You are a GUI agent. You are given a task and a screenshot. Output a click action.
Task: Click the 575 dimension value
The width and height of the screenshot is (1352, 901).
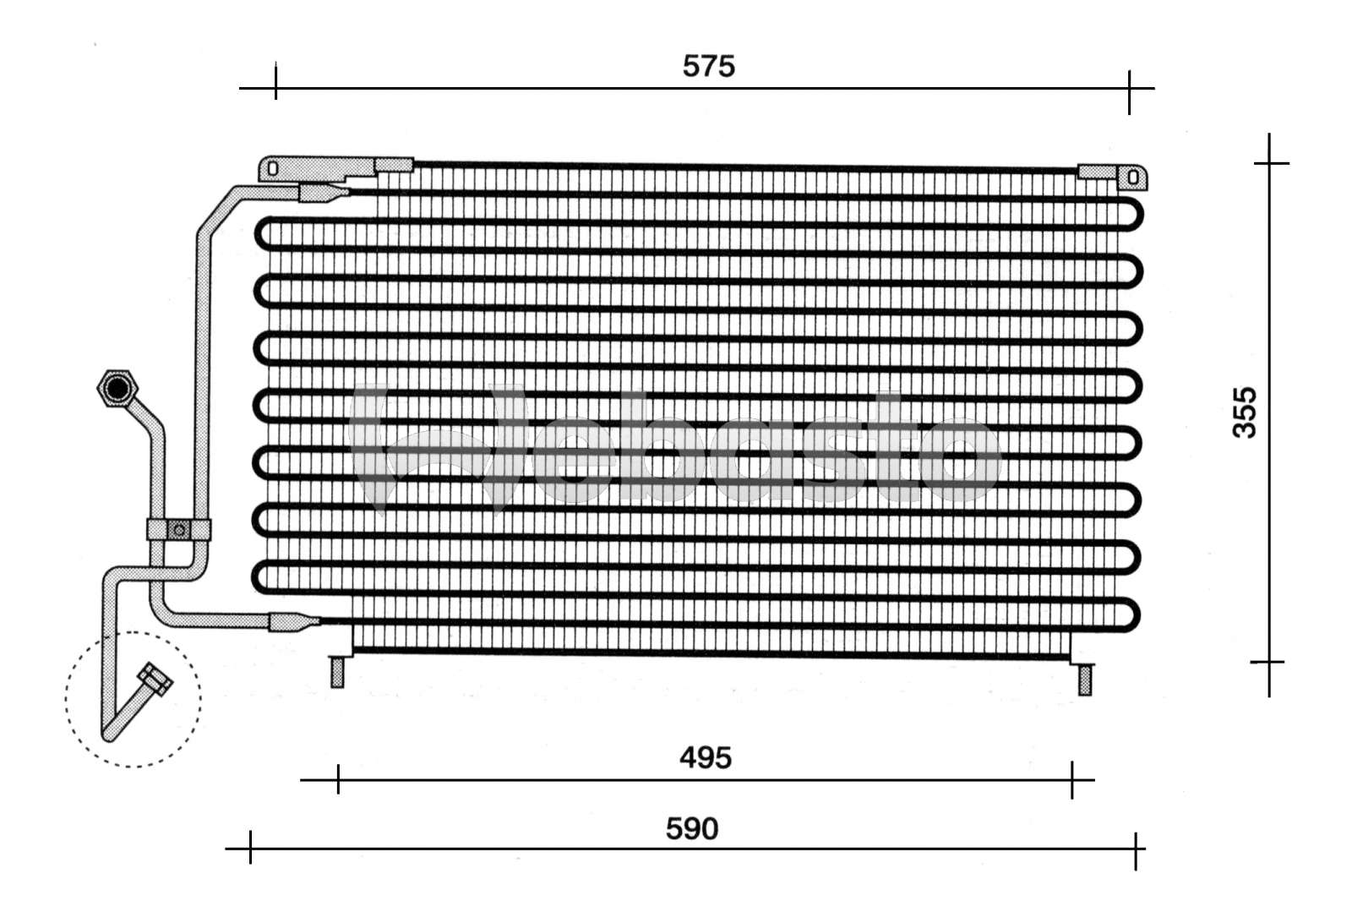709,66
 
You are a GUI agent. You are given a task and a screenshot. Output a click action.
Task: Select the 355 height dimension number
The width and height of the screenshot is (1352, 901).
1245,412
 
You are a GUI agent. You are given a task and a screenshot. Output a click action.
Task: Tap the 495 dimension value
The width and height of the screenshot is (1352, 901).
706,758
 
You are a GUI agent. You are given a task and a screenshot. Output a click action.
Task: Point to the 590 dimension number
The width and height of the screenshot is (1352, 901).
692,829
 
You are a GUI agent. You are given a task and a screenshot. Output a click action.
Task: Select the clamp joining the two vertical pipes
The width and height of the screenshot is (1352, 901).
178,530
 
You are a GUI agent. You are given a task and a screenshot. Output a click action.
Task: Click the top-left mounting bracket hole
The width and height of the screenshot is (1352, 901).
272,169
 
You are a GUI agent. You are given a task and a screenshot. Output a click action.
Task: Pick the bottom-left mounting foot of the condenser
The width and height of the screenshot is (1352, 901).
337,672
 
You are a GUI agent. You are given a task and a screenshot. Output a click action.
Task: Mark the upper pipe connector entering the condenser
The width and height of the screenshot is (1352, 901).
321,194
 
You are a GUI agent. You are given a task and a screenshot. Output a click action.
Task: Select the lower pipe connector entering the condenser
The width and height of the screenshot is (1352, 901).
292,623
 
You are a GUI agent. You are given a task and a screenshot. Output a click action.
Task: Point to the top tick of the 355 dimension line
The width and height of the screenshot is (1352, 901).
1269,162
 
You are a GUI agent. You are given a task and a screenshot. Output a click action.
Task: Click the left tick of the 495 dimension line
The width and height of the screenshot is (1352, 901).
338,779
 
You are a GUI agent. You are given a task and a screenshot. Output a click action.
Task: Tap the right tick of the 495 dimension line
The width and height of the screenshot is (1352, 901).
1072,779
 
